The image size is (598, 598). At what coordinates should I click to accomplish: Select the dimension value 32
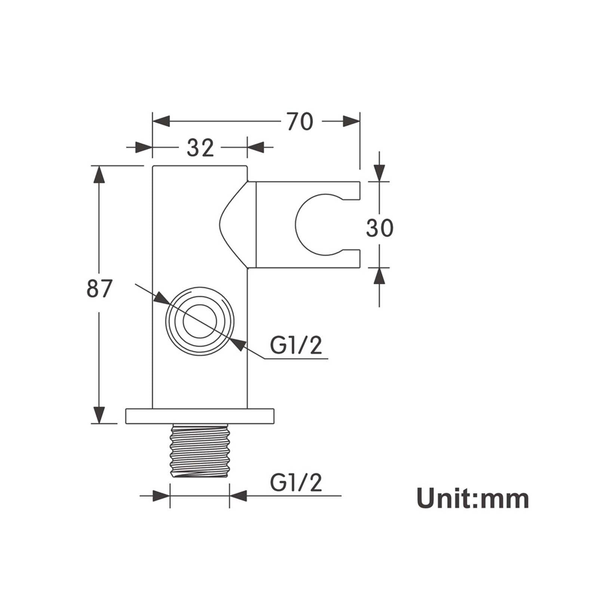200,147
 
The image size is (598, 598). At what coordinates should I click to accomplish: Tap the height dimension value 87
99,289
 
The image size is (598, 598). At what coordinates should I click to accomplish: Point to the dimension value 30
380,228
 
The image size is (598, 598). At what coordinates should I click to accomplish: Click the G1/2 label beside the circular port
296,345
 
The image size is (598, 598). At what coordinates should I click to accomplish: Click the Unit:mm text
473,498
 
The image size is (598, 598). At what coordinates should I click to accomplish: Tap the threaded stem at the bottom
200,450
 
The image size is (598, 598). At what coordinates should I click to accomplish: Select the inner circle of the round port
200,321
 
